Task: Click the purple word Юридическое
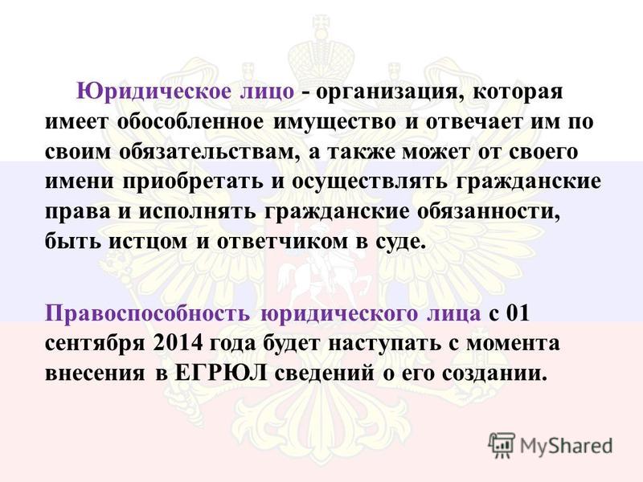154,92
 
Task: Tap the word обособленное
190,121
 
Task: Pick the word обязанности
489,212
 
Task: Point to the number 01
518,314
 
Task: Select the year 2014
178,344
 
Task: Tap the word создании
495,374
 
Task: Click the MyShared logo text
566,446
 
